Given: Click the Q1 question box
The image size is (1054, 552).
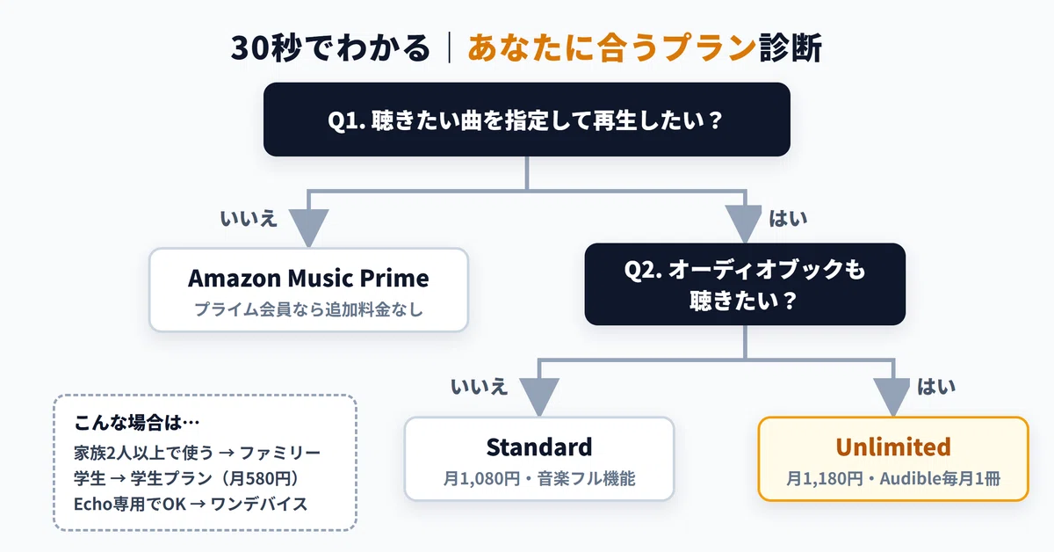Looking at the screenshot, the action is (x=526, y=120).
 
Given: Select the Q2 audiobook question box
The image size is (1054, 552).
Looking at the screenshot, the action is (x=745, y=284).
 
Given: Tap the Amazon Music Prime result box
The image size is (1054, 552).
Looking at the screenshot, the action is (x=308, y=290).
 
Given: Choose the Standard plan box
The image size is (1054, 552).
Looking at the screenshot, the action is (x=539, y=459).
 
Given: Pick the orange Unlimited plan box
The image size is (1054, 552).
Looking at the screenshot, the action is (x=893, y=459).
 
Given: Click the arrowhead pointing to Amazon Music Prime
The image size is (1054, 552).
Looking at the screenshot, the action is (x=308, y=228).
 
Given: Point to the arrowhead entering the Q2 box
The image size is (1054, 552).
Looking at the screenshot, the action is (x=744, y=224).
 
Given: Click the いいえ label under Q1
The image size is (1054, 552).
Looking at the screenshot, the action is (x=249, y=219).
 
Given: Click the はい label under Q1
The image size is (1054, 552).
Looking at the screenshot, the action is (x=788, y=219).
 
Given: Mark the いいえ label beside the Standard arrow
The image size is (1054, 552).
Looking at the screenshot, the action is (x=479, y=387).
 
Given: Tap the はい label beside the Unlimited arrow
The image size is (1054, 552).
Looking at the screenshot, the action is (x=936, y=387).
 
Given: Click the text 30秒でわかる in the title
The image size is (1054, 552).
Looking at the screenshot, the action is (x=330, y=47).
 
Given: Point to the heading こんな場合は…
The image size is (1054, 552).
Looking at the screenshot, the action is (x=137, y=423).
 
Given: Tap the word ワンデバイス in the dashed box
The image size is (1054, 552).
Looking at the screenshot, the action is (x=259, y=504).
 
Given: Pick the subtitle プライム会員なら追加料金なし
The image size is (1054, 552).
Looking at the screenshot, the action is (x=308, y=309).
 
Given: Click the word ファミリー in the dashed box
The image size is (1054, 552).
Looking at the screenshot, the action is (x=280, y=453).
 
